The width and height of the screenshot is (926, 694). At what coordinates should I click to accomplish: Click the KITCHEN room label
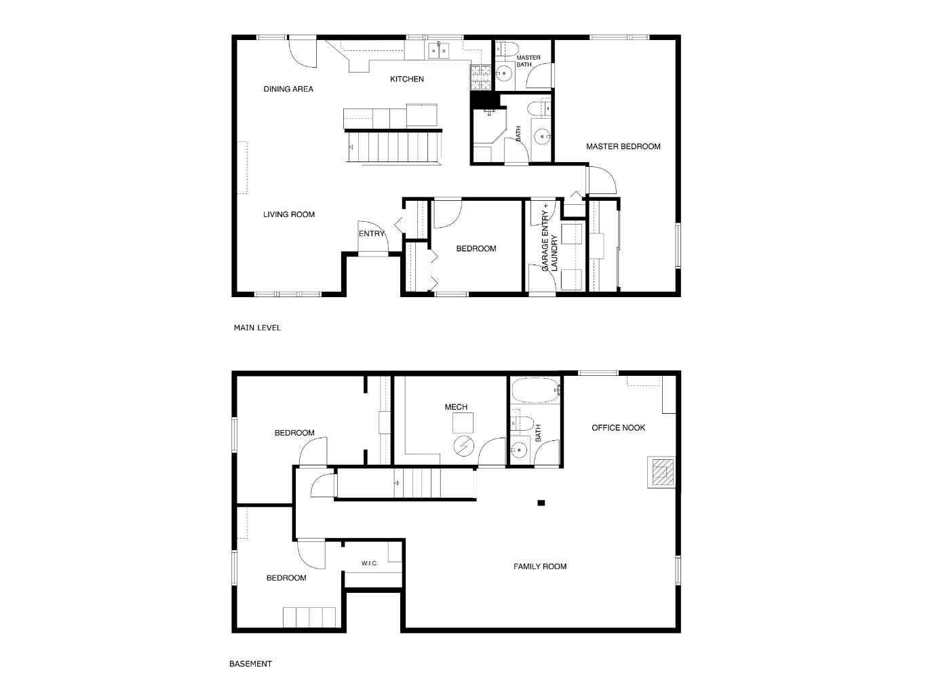406,79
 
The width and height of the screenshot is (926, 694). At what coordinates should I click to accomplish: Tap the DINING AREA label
288,89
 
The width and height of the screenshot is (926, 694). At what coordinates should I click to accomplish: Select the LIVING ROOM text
288,214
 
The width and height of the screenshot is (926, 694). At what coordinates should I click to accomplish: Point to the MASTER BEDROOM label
623,147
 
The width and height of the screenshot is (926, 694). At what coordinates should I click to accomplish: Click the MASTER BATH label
528,61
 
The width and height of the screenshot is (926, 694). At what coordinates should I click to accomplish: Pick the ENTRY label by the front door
371,234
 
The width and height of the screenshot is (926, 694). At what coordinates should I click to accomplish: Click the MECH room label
456,406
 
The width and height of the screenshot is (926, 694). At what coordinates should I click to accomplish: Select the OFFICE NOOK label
618,427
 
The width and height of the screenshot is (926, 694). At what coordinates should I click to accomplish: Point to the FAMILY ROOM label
539,566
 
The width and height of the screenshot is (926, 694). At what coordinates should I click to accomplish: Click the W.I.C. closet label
369,563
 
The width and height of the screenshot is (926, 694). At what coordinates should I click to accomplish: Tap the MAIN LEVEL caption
257,328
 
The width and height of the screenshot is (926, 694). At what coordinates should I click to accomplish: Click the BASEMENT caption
250,663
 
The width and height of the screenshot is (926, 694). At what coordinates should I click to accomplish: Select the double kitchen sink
439,51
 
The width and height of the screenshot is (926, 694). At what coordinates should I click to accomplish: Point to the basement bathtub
536,391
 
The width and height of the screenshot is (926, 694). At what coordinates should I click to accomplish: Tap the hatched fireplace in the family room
661,472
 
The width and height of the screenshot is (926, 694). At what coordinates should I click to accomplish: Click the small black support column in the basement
541,503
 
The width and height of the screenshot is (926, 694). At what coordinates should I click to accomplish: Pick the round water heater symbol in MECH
463,446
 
